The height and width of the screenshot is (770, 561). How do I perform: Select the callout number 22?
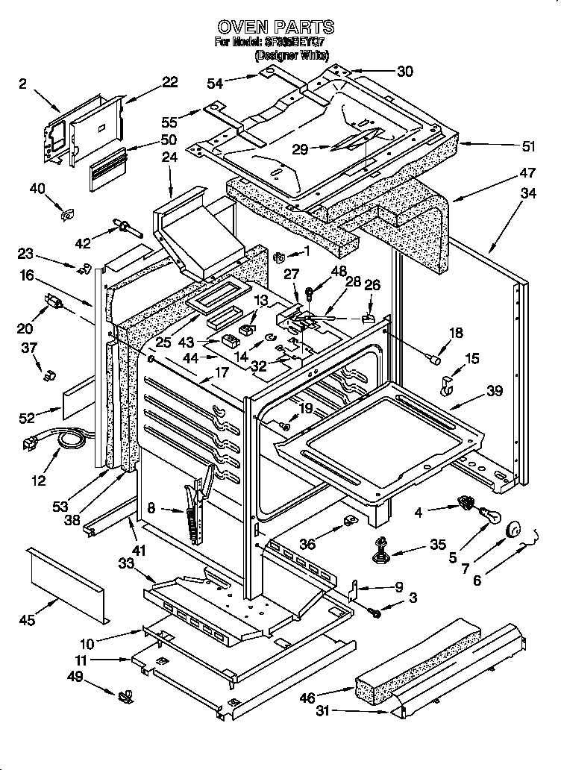(170, 81)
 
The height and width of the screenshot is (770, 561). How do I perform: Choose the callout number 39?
(494, 390)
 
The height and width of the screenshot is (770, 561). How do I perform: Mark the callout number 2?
(22, 84)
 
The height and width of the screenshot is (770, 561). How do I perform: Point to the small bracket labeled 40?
(67, 214)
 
